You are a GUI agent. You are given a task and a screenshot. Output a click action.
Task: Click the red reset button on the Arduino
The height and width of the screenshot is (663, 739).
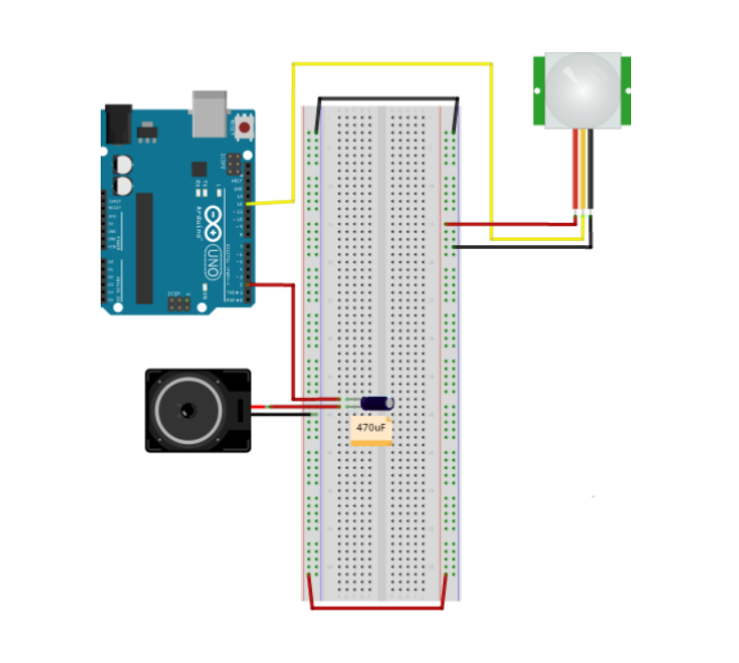click(x=244, y=128)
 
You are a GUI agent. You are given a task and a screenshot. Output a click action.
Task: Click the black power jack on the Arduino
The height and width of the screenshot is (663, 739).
click(x=118, y=123)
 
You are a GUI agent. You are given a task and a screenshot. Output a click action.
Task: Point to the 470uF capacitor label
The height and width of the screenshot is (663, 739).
click(x=371, y=429)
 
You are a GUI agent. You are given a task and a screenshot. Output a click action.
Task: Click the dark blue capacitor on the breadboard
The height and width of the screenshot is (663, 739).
click(x=377, y=405)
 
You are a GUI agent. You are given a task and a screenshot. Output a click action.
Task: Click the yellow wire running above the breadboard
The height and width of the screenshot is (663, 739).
click(x=392, y=64)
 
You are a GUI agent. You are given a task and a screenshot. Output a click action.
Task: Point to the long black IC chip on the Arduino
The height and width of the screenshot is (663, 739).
click(x=144, y=248)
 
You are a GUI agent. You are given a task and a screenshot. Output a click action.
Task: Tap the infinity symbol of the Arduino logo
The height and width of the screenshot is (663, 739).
click(x=214, y=222)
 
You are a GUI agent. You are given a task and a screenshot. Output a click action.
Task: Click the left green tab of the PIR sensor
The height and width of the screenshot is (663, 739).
click(x=539, y=90)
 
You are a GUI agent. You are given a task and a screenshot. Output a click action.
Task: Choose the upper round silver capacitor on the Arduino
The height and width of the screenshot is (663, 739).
click(x=123, y=165)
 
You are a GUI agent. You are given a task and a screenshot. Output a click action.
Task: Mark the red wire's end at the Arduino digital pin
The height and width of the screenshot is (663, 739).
click(x=249, y=286)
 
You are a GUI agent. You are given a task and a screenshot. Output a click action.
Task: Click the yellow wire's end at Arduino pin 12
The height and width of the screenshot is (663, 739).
click(x=249, y=204)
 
